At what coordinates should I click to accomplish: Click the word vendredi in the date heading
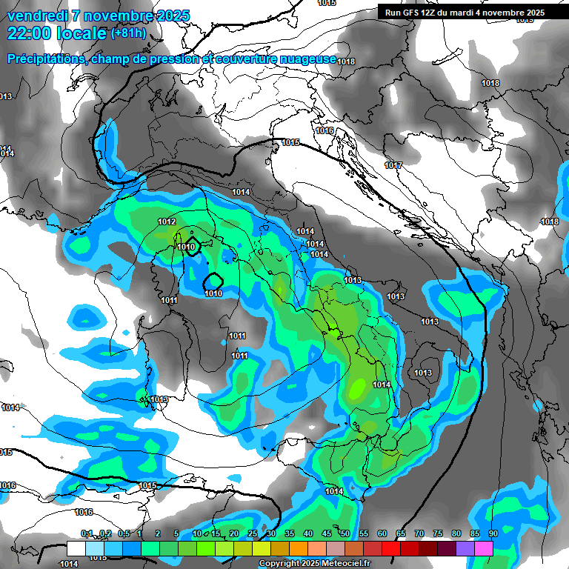coord(37,16)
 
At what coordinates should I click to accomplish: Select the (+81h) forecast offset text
coord(128,33)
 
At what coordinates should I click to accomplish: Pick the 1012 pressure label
coord(167,222)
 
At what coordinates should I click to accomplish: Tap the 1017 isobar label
coord(393,165)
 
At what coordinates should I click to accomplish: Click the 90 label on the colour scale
coord(493,533)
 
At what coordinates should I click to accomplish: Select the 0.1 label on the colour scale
coord(87,533)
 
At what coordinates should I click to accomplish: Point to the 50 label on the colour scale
coord(345,533)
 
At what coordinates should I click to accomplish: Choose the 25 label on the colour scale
coord(253,533)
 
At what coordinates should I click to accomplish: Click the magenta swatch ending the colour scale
coord(484,548)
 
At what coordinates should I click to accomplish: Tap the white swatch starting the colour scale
coord(76,548)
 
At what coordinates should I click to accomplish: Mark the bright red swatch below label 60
coord(391,548)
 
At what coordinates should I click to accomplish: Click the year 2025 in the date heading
coord(168,16)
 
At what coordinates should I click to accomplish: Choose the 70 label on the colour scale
coord(419,533)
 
